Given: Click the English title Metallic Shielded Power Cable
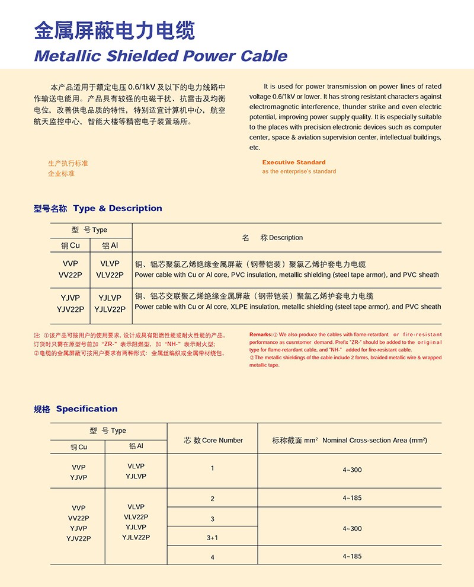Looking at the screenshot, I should click(161, 56).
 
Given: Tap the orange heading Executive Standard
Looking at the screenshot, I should click(294, 162).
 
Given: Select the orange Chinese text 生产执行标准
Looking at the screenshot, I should click(68, 163).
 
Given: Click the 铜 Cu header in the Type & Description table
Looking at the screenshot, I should click(70, 245).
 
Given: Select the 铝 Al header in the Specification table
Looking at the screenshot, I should click(136, 446).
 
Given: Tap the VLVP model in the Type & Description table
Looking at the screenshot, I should click(110, 264).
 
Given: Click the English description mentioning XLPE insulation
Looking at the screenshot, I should click(288, 307).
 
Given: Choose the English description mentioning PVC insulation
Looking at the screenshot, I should click(287, 275).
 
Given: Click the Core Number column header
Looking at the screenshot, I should click(213, 441).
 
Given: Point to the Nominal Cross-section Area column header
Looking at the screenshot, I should click(350, 441).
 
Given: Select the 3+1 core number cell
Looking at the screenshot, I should click(212, 538).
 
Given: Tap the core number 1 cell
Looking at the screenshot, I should click(212, 468).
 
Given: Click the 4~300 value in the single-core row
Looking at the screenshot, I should click(352, 470).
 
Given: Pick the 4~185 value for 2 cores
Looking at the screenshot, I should click(352, 498).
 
